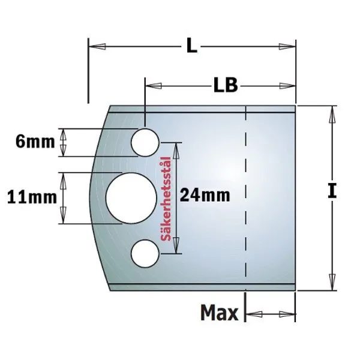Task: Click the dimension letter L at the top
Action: coord(192,47)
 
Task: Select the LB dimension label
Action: coord(226,85)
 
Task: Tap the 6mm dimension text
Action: coord(35,142)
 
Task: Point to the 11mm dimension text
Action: coord(32,197)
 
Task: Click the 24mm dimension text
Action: coord(205,195)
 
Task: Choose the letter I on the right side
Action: coord(332,191)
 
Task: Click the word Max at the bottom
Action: coord(220,313)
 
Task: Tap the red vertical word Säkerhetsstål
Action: coord(166,199)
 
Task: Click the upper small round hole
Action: coord(145,143)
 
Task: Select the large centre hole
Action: coord(131,198)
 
